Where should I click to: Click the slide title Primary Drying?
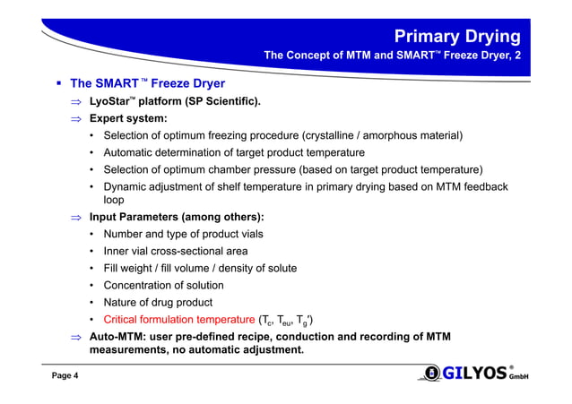(458, 36)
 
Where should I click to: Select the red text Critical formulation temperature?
(178, 319)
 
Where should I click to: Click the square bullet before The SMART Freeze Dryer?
(56, 85)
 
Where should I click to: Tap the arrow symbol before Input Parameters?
(77, 218)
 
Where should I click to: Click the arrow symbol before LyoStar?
(77, 102)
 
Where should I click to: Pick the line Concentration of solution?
(163, 285)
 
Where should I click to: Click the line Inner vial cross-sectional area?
(176, 251)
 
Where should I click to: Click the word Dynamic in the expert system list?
(128, 186)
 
